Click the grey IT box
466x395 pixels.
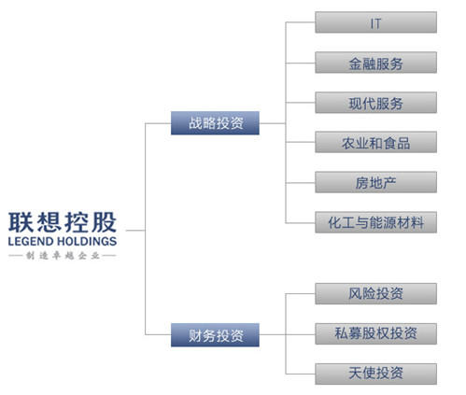[375, 22]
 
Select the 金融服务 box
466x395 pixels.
[375, 63]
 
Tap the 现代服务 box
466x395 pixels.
[375, 103]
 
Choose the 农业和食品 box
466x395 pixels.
[375, 142]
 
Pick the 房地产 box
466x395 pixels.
[375, 182]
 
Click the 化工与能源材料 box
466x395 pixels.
[375, 222]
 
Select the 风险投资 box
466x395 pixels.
[375, 293]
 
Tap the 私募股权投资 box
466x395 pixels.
[375, 333]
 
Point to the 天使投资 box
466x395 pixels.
[375, 374]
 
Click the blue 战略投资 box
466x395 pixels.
[215, 123]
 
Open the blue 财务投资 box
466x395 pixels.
[215, 335]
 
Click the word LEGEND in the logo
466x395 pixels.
[31, 241]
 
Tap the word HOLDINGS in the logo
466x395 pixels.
[87, 241]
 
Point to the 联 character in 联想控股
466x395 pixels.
[21, 222]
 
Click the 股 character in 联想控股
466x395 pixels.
[105, 222]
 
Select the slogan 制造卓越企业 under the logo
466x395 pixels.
[63, 256]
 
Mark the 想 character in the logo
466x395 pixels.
[49, 222]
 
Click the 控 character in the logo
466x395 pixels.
[77, 222]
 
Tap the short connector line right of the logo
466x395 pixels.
[135, 231]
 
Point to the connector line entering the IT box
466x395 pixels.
[301, 22]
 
